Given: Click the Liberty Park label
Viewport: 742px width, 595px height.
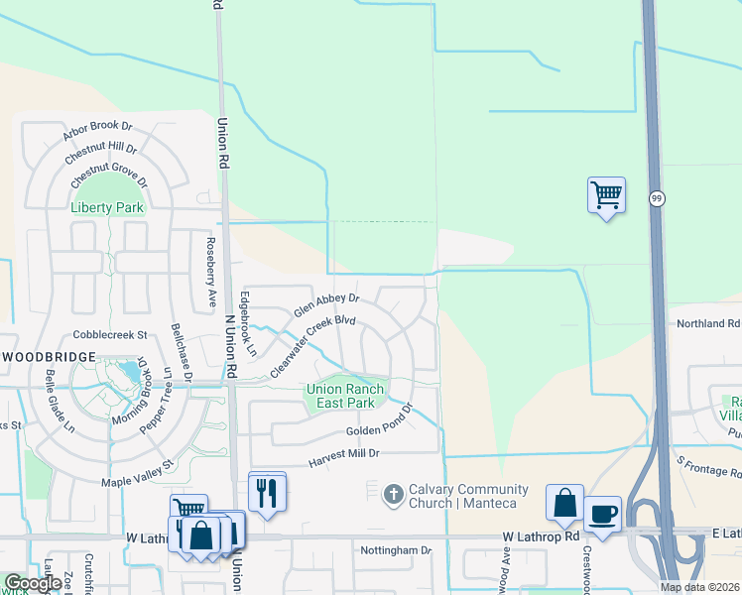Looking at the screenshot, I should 107,208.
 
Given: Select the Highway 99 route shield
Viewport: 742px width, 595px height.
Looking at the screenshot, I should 657,199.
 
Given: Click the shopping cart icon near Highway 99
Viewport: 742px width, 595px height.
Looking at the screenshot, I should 605,193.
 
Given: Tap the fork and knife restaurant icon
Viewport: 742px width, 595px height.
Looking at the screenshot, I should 267,491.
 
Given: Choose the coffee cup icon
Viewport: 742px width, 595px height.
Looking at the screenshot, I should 602,515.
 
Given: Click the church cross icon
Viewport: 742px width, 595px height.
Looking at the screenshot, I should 393,493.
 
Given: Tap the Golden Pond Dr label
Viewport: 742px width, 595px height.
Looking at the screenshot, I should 378,431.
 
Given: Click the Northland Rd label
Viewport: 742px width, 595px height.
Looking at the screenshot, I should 707,323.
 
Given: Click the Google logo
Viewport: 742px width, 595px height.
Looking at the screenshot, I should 33,583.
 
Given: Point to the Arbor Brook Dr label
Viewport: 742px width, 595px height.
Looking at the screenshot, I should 96,126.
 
